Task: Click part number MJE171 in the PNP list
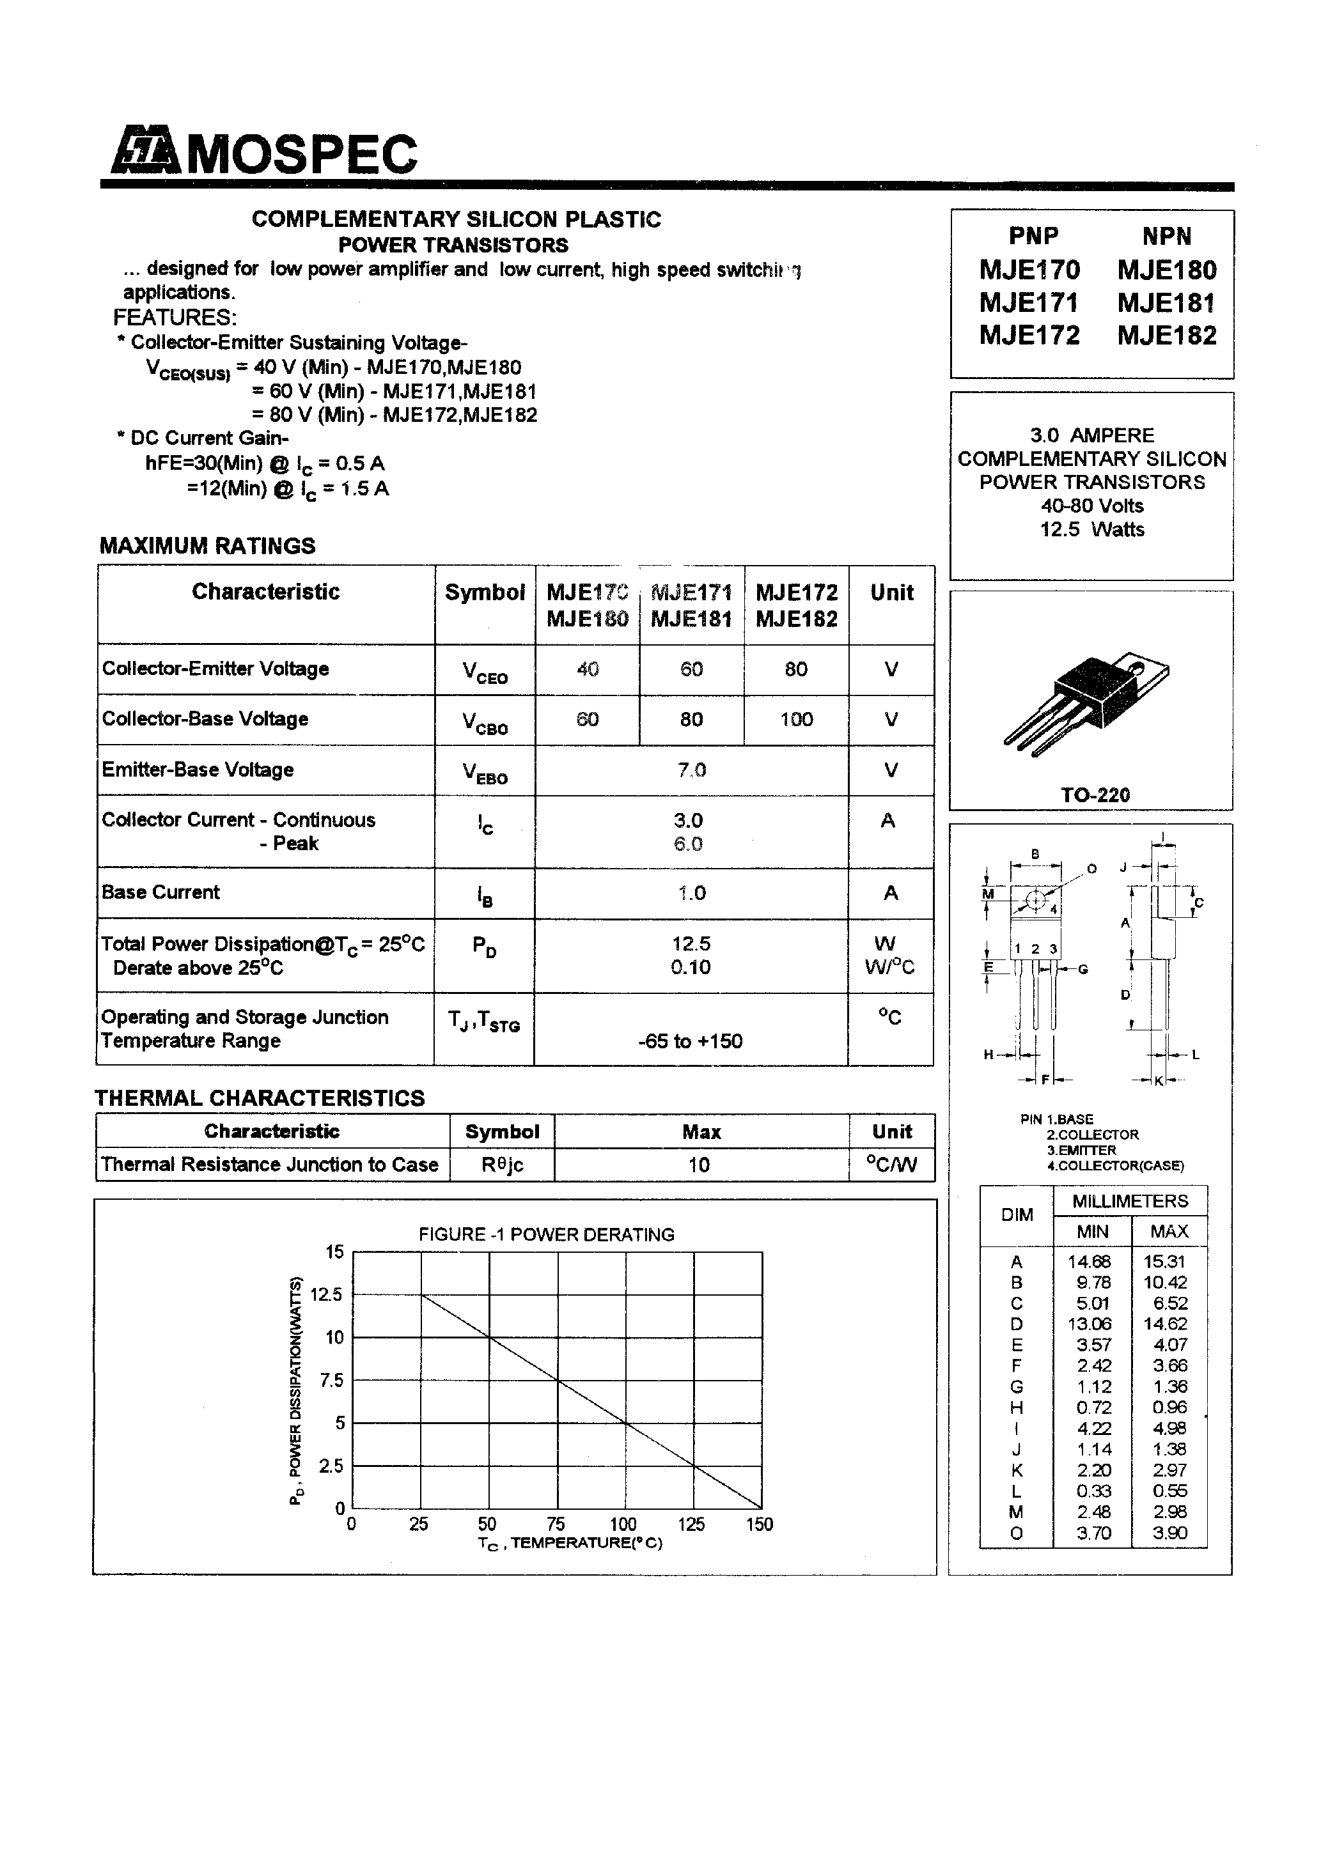[x=1029, y=303]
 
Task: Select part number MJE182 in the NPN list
[x=1166, y=336]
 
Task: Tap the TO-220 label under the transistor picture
[x=1095, y=795]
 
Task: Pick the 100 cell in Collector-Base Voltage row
[x=795, y=719]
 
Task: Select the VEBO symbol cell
[x=485, y=772]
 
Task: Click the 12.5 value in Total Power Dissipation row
[x=691, y=943]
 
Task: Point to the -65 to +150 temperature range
[x=690, y=1041]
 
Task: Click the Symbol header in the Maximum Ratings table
[x=485, y=593]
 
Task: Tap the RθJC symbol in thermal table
[x=502, y=1165]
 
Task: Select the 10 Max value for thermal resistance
[x=699, y=1165]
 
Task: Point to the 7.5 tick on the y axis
[x=331, y=1380]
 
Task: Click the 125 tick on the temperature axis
[x=691, y=1524]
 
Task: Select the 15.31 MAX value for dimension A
[x=1169, y=1261]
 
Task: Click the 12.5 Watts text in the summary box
[x=1091, y=529]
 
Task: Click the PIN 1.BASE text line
[x=1056, y=1119]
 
